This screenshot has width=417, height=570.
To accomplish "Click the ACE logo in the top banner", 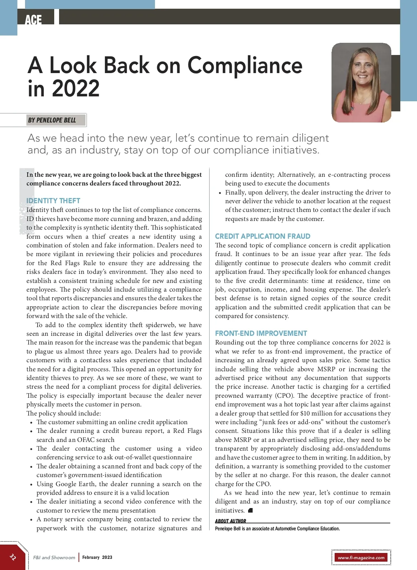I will coord(33,19).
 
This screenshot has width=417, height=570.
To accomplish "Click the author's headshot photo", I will coord(361,83).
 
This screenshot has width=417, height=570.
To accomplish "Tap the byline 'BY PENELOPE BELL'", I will coord(52,120).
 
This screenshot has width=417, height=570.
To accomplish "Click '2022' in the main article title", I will coord(76,88).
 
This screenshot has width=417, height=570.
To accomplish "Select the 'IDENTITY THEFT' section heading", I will coord(53,201).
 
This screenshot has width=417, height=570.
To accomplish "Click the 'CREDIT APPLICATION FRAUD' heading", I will coord(262,236).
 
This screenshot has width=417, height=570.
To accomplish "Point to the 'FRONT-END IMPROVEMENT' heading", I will coord(261,333).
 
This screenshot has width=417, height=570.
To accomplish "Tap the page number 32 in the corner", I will coord(13,557).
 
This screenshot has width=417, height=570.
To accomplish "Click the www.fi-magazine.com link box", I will coord(361,557).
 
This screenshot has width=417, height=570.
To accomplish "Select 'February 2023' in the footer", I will coord(97,557).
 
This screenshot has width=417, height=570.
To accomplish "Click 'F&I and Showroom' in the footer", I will coord(54,557).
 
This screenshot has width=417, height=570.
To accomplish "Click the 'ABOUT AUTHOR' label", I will coord(230,521).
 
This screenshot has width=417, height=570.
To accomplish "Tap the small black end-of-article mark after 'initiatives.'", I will coord(251,510).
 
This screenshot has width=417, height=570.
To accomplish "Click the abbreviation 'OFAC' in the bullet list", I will coord(86,440).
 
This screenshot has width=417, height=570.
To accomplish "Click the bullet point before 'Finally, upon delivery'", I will coord(220,193).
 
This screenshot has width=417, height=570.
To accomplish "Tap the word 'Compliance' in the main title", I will coord(245,65).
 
